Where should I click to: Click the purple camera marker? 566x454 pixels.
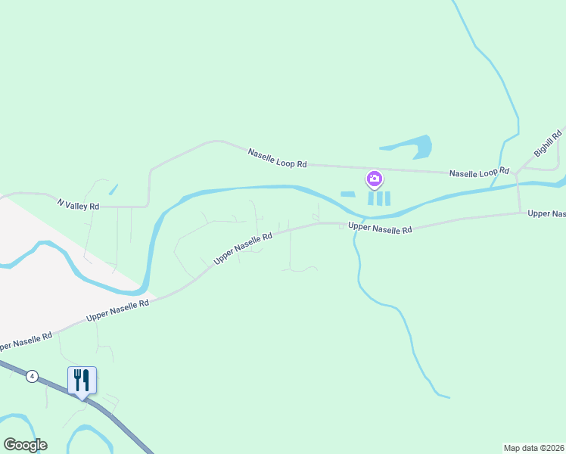[x=374, y=180]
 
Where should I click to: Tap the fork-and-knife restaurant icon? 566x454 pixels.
[x=82, y=379]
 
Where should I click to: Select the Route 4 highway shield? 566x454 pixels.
[x=32, y=375]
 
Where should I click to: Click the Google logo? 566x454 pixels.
[x=25, y=445]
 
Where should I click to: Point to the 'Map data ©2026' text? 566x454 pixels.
[x=534, y=447]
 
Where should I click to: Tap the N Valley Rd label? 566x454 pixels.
[x=79, y=205]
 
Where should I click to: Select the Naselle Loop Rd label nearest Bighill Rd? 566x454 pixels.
[x=479, y=173]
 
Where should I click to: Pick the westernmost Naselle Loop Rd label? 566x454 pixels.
[x=278, y=158]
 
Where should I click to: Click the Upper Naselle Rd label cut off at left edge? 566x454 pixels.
[x=26, y=341]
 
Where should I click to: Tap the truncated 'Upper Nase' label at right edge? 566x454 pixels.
[x=546, y=214]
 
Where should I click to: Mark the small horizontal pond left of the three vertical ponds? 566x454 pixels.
[x=348, y=194]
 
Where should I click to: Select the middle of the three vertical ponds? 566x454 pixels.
[x=379, y=198]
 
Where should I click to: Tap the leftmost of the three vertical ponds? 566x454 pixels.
[x=371, y=198]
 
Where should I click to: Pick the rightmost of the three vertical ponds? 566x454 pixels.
[x=387, y=198]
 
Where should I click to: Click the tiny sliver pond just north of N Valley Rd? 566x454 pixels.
[x=114, y=190]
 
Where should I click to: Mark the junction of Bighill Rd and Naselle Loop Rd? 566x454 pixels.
[x=516, y=173]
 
